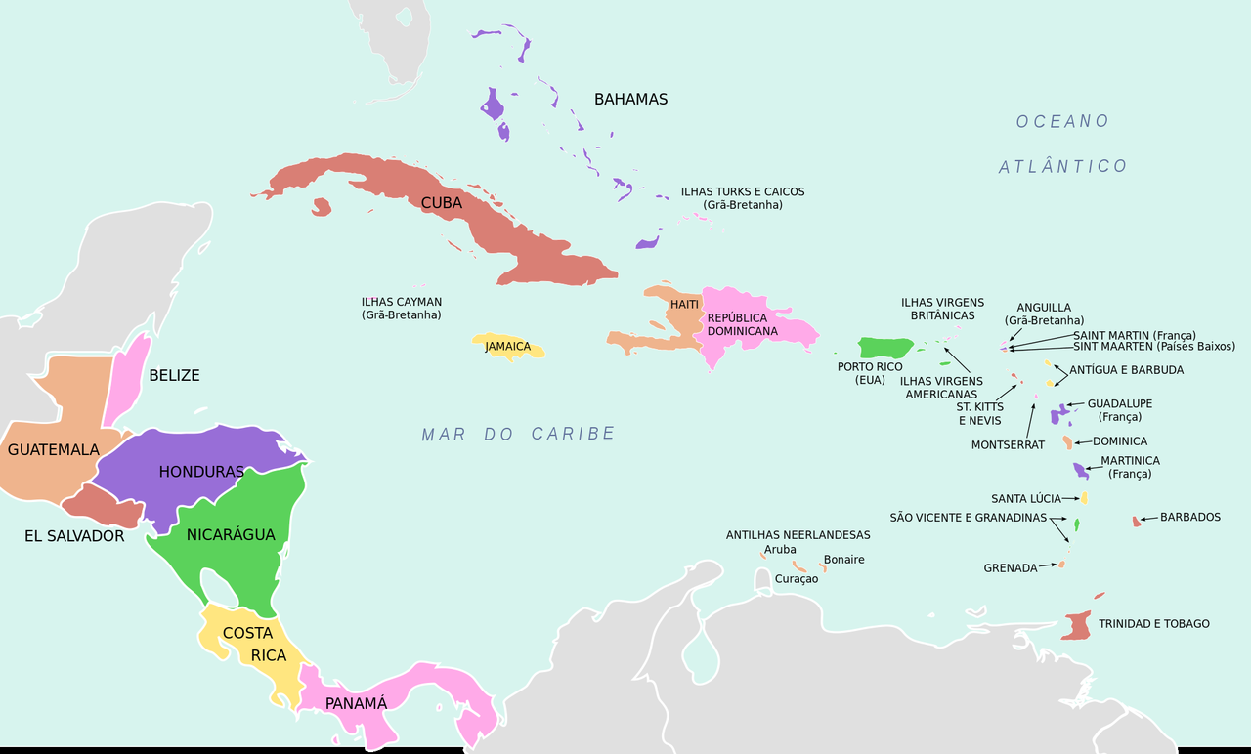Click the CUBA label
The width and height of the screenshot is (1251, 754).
pyautogui.click(x=442, y=203)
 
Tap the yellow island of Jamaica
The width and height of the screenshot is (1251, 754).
pyautogui.click(x=508, y=348)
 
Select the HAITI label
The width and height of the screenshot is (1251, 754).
pyautogui.click(x=684, y=305)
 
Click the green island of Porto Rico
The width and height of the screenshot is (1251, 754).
pyautogui.click(x=884, y=348)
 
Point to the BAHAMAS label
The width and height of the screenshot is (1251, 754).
pyautogui.click(x=630, y=100)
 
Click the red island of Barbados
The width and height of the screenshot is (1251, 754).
pyautogui.click(x=1137, y=522)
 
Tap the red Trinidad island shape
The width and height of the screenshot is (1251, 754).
pyautogui.click(x=1077, y=626)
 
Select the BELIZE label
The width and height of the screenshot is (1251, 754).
pyautogui.click(x=174, y=375)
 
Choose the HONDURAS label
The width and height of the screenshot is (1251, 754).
pyautogui.click(x=201, y=472)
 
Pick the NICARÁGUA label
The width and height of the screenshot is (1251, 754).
pyautogui.click(x=231, y=534)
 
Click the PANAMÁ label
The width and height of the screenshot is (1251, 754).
pyautogui.click(x=356, y=703)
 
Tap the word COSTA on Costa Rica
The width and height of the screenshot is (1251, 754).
pyautogui.click(x=247, y=633)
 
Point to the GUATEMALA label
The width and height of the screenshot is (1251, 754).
pyautogui.click(x=54, y=450)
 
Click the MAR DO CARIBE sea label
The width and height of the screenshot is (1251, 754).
pyautogui.click(x=518, y=434)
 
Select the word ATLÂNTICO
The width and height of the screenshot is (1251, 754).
pyautogui.click(x=1063, y=167)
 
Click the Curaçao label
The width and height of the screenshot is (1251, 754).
pyautogui.click(x=796, y=579)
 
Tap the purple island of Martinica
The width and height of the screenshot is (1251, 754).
pyautogui.click(x=1080, y=471)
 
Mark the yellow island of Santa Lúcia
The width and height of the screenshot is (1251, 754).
pyautogui.click(x=1084, y=498)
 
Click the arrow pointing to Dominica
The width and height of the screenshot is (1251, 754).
pyautogui.click(x=1082, y=442)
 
